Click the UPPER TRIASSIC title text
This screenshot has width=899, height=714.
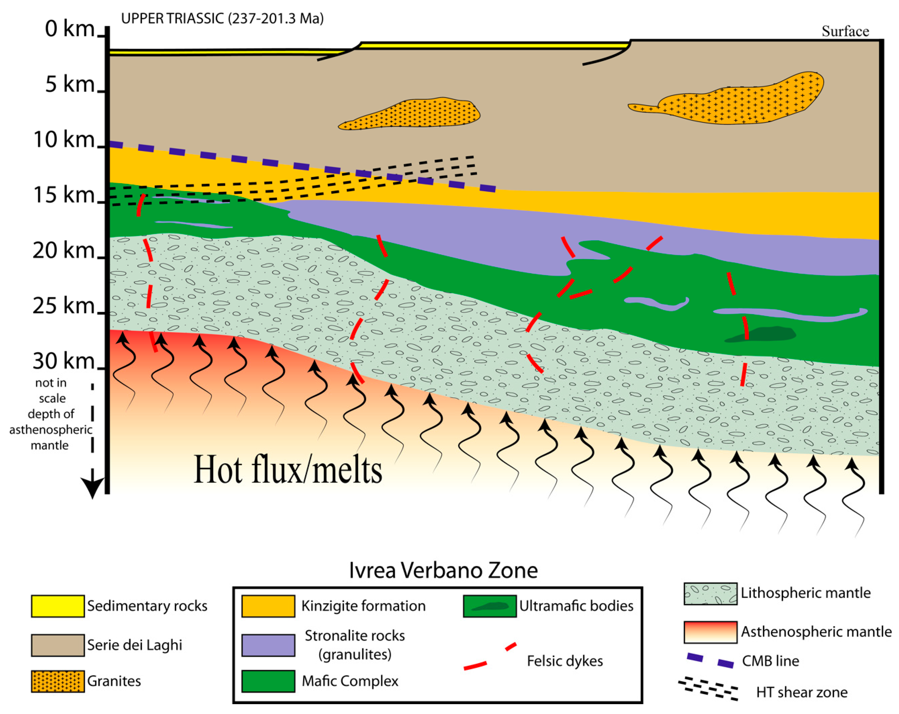pos(222,18)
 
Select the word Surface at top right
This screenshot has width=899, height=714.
pos(845,31)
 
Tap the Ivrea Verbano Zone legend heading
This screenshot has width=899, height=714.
pos(443,570)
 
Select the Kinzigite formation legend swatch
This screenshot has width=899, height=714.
pos(268,606)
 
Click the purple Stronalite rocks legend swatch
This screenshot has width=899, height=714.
pos(268,645)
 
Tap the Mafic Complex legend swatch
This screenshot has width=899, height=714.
pos(268,681)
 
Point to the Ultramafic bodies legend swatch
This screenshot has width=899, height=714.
pos(489,606)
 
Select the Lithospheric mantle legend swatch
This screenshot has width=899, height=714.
pos(710,593)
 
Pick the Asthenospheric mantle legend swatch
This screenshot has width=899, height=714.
pos(710,632)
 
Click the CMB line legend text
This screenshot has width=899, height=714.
pos(771,661)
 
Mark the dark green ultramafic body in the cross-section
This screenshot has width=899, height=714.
pos(761,334)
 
